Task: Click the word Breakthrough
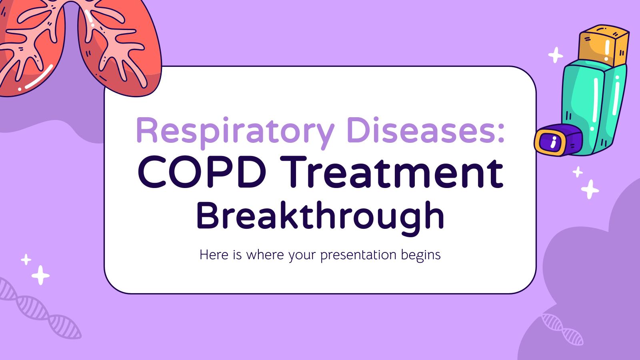(x=320, y=216)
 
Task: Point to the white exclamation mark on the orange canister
(x=607, y=50)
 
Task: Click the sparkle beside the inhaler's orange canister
(x=555, y=55)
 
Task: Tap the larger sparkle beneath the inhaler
(x=590, y=189)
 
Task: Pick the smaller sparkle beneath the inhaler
(x=577, y=172)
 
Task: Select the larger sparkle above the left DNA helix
(x=40, y=275)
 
